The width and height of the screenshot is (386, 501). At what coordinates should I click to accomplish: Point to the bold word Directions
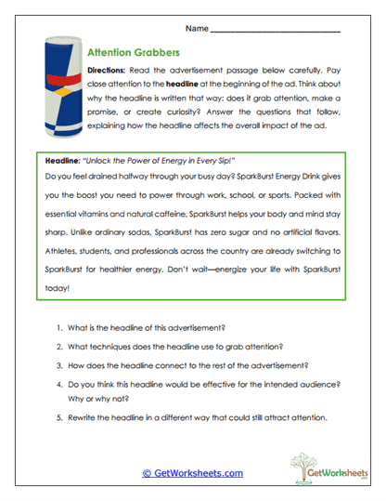coord(108,71)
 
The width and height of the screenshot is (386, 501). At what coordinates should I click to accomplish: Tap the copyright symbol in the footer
coord(147,473)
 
